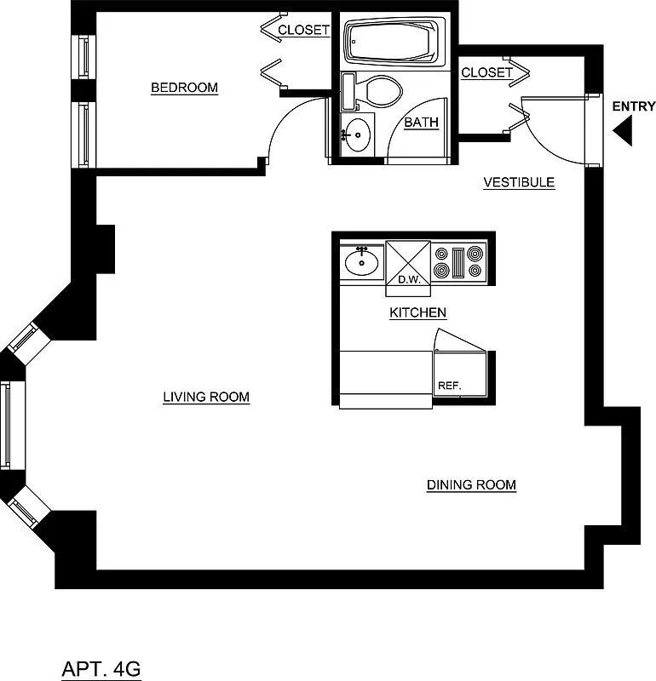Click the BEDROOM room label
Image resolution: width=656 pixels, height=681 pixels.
[x=184, y=88]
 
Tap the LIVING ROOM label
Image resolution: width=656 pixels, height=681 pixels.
[x=206, y=397]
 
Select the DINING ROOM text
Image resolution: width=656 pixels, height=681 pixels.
[x=471, y=485]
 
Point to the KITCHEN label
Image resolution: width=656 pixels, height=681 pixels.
[x=417, y=313]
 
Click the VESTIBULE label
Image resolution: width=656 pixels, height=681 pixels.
[x=519, y=182]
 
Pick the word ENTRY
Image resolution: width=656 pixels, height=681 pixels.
[x=633, y=106]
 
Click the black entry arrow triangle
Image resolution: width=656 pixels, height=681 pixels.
[x=623, y=132]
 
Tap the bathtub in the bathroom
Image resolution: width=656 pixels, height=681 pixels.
[x=393, y=42]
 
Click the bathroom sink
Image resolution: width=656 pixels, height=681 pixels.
[x=358, y=134]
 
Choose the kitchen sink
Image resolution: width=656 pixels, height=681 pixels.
[x=362, y=262]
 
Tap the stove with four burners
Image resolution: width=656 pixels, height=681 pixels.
[x=459, y=262]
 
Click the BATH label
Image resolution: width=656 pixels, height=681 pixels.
[x=421, y=123]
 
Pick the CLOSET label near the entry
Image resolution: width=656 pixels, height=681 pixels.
[x=486, y=73]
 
